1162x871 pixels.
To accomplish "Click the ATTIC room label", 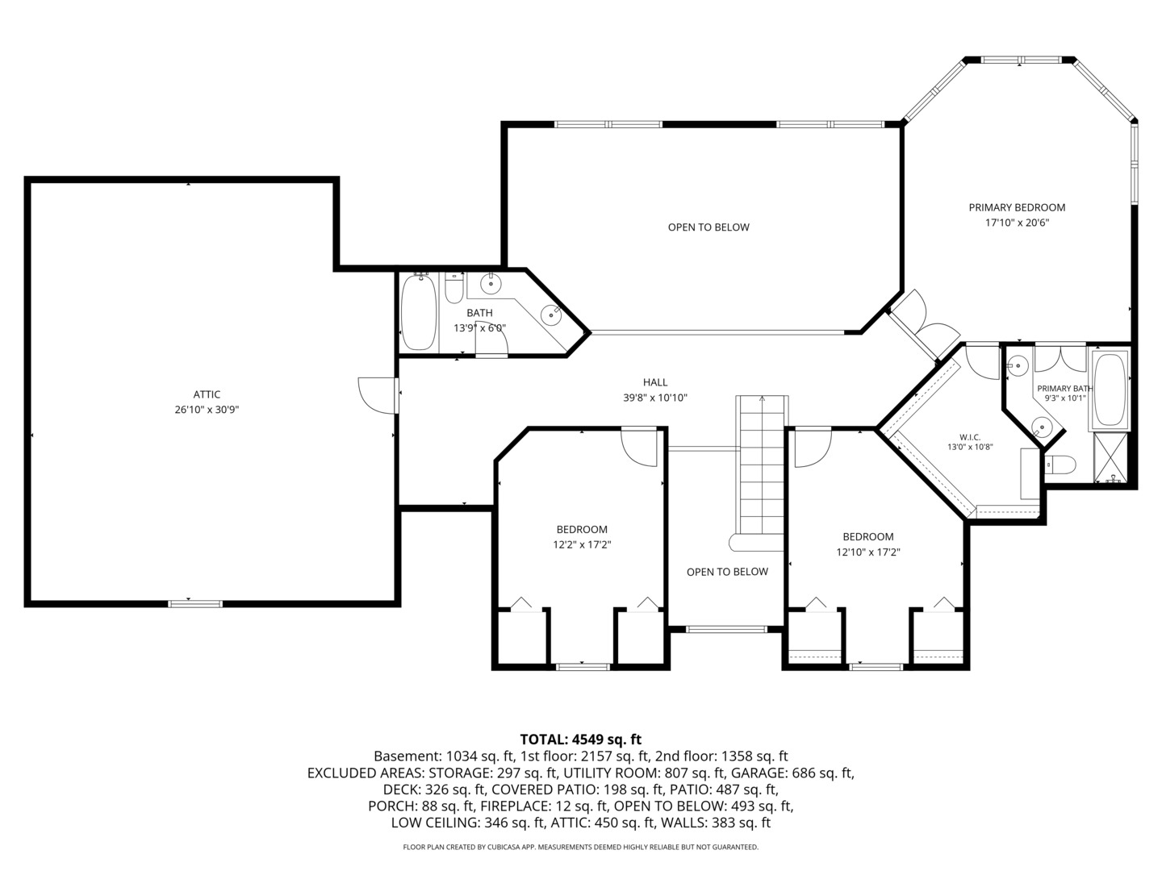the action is click(x=207, y=394).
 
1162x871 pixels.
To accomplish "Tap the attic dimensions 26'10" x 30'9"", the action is click(x=207, y=410).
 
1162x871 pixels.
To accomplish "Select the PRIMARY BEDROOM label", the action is click(x=1017, y=207).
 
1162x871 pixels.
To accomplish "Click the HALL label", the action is click(x=655, y=381).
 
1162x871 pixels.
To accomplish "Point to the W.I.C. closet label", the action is click(x=970, y=437).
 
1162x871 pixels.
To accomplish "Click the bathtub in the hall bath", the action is click(x=419, y=312).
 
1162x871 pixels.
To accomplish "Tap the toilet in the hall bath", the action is click(x=454, y=288).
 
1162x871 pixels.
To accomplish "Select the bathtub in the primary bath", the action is click(x=1109, y=390).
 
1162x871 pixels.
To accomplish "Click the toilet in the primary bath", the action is click(x=1060, y=465).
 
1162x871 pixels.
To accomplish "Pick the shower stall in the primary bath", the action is click(x=1110, y=457).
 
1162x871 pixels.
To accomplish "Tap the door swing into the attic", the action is click(x=377, y=395).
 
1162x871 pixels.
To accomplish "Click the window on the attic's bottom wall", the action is click(x=195, y=603).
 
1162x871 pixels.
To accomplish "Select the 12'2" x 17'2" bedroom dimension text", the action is click(x=582, y=544).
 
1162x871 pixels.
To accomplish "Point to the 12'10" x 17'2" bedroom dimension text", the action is click(x=868, y=552).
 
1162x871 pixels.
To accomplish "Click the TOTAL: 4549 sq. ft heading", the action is click(x=581, y=739).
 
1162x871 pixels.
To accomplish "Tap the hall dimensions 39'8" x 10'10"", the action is click(x=655, y=397).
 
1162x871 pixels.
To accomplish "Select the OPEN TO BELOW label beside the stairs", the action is click(x=727, y=571).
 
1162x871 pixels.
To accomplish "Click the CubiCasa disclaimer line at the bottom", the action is click(x=581, y=847).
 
